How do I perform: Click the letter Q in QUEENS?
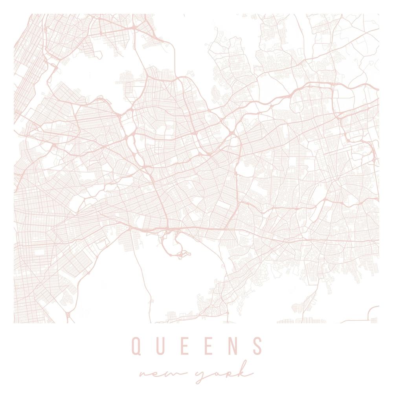point(136,345)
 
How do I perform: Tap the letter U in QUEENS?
point(161,345)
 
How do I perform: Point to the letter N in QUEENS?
point(233,345)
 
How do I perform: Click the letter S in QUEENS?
point(257,345)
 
